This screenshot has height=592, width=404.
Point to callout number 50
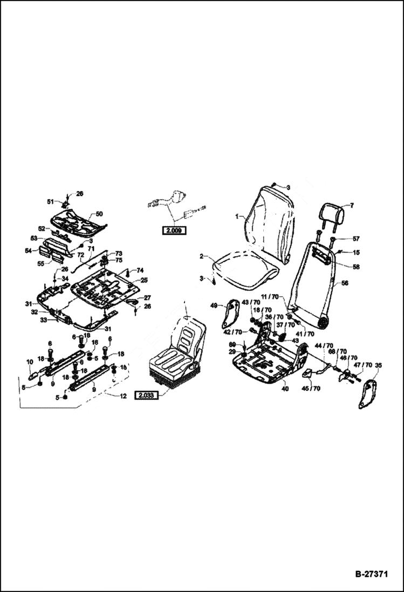coord(99,214)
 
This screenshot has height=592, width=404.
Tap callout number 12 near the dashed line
coord(123,396)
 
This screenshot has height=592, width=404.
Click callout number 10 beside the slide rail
coord(30,362)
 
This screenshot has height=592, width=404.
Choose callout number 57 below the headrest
coord(340,239)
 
